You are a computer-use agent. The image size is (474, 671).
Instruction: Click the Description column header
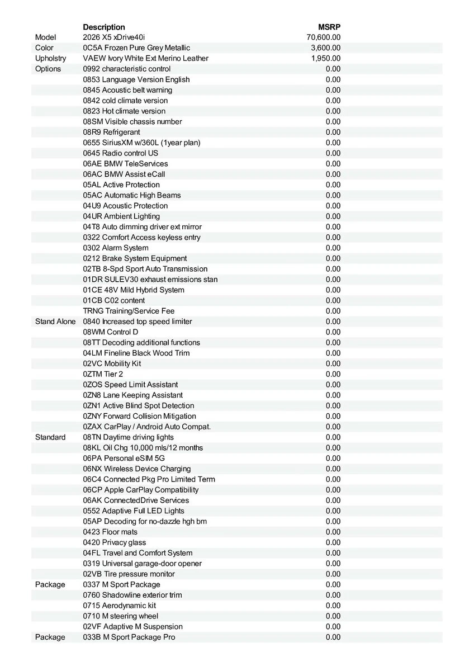tap(104, 27)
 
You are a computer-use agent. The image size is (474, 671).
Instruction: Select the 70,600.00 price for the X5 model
tap(324, 37)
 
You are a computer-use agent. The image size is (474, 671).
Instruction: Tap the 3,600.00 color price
tap(326, 48)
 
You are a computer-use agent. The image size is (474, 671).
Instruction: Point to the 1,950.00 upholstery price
tap(326, 58)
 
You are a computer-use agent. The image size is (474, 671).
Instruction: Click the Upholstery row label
tap(50, 58)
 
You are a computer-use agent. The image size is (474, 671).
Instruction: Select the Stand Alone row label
tap(55, 322)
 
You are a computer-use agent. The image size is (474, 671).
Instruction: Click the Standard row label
tap(50, 437)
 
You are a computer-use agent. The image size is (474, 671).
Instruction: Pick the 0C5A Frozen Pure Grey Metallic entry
tap(136, 48)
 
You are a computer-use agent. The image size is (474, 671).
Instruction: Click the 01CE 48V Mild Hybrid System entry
tap(134, 290)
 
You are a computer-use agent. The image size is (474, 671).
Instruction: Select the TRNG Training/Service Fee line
tap(129, 311)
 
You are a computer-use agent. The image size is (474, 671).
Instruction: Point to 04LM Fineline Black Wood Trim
tap(136, 353)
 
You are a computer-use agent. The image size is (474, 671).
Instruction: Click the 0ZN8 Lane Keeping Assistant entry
tap(133, 395)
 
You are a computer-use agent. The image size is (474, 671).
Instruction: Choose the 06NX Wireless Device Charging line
tap(137, 469)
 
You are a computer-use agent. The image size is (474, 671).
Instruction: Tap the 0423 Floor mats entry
tap(110, 532)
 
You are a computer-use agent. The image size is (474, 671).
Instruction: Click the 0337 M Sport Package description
tap(121, 584)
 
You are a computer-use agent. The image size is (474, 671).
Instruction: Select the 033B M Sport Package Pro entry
tap(129, 637)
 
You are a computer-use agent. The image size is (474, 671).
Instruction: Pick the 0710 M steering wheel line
tap(121, 616)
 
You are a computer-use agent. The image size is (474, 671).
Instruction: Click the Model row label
tap(46, 37)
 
